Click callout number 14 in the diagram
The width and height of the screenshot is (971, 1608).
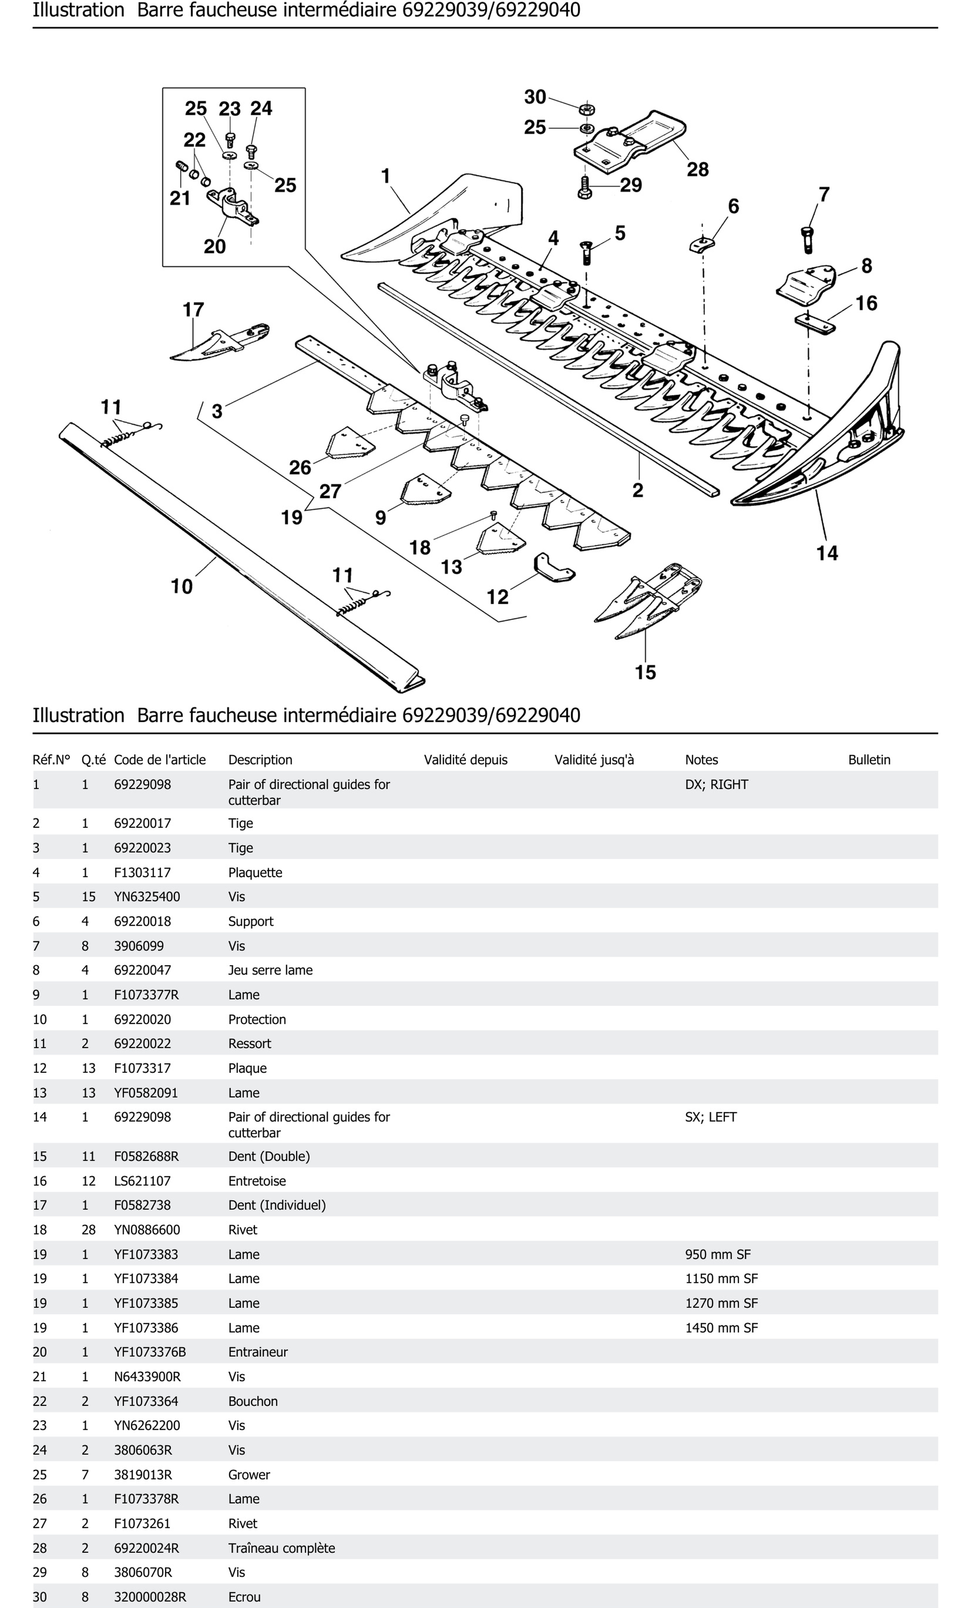click(827, 553)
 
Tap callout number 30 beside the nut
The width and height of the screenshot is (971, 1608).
click(535, 97)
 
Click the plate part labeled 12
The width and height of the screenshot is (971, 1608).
click(554, 568)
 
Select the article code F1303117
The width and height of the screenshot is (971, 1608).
click(142, 872)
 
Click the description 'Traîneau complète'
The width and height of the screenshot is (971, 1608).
click(281, 1548)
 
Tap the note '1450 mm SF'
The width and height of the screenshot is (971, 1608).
click(721, 1327)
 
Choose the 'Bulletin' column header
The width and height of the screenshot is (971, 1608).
click(868, 760)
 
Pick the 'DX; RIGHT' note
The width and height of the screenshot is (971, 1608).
click(716, 784)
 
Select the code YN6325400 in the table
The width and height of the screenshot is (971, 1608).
click(147, 897)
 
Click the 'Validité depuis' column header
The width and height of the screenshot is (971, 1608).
click(465, 760)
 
